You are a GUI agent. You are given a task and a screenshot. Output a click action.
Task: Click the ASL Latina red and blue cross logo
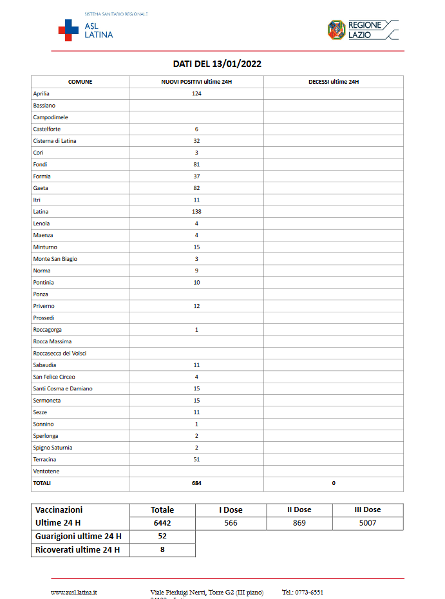coord(68,30)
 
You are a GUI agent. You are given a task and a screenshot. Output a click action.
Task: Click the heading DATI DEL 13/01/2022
coord(217,64)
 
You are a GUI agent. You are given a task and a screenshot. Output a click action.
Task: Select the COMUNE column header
coord(80,82)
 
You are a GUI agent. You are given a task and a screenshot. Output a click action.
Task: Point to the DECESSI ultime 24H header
coord(334,82)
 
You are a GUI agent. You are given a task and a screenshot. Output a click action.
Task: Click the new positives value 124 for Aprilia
coord(196,94)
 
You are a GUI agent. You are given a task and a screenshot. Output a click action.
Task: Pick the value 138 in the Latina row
coord(196,212)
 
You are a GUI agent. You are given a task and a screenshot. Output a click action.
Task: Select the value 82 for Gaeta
coord(196,188)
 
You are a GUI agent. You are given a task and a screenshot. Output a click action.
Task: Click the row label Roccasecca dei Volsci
coord(60,354)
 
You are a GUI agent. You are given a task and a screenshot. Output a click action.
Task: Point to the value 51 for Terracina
coord(196,459)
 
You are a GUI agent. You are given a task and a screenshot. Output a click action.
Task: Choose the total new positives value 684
coord(196,483)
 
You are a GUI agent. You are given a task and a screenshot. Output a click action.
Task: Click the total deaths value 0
coord(334,483)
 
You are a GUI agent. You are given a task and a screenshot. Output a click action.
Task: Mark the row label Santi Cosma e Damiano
coord(62,388)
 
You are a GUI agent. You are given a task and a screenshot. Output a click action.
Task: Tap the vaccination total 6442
coord(162,523)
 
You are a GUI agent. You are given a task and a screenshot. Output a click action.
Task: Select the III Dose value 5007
coord(368,523)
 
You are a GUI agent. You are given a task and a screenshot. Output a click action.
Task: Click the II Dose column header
coord(299,509)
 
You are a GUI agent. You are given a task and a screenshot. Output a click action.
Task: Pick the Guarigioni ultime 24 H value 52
coord(162,537)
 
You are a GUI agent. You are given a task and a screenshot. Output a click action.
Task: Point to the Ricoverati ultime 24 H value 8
coord(162,550)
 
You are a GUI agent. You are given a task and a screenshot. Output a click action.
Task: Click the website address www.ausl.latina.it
coord(74,592)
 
